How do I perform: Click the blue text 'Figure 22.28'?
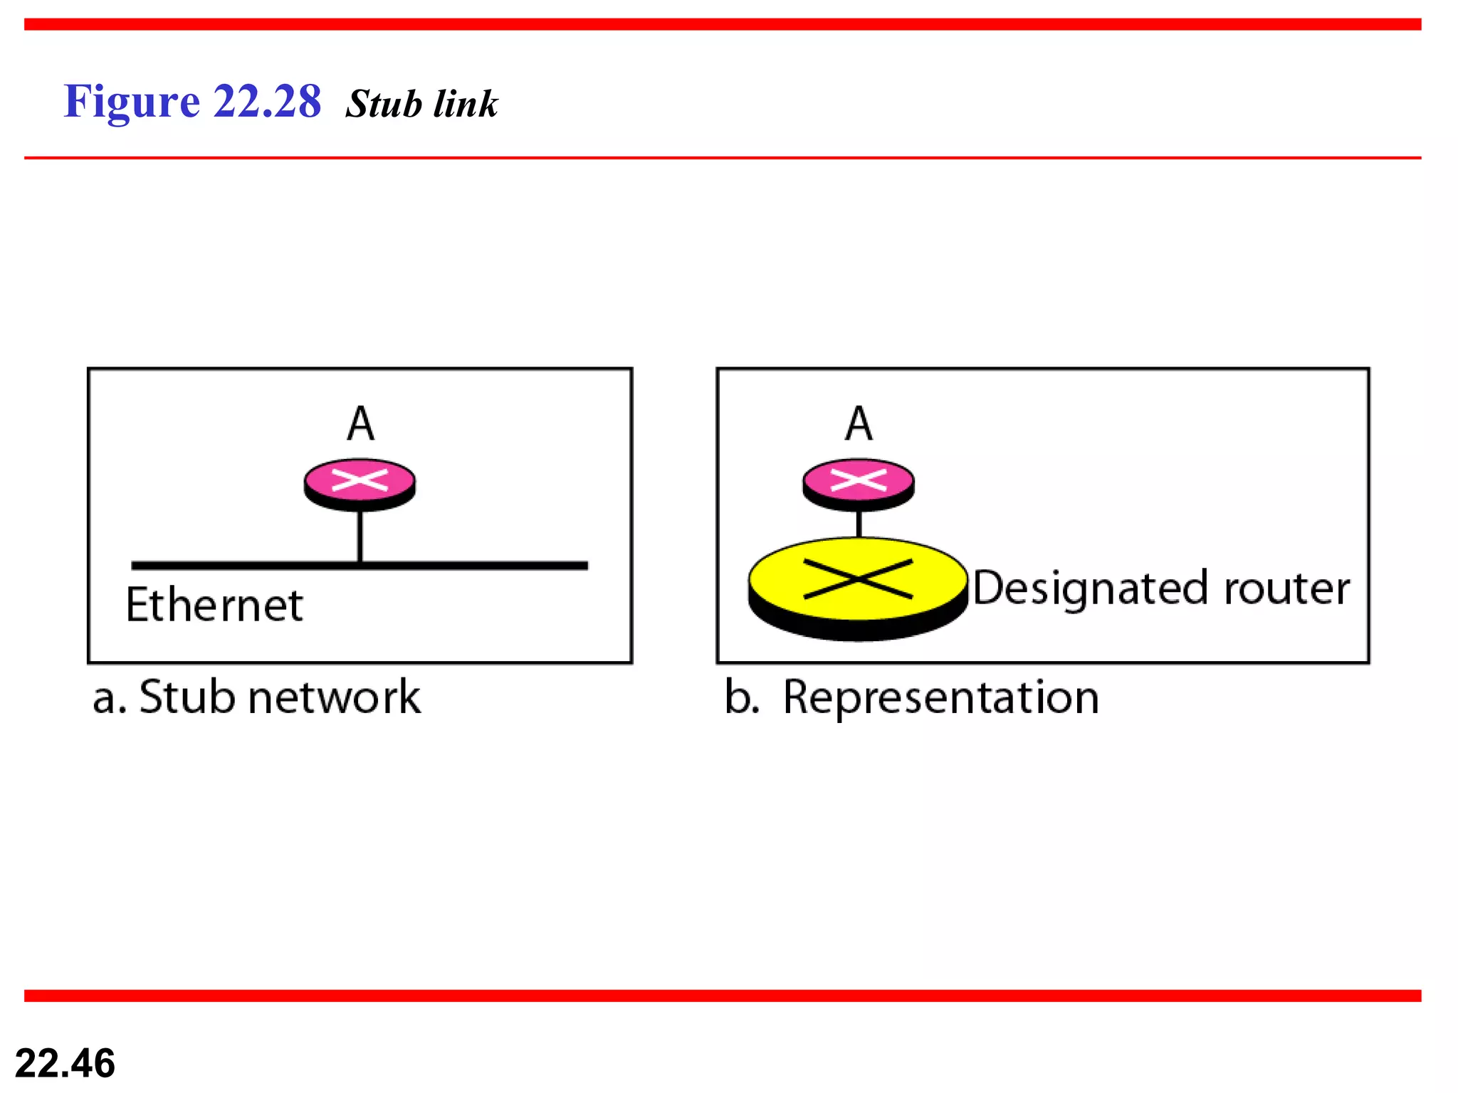192,101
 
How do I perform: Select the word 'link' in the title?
466,104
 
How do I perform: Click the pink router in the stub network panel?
360,482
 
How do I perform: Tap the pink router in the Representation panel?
859,482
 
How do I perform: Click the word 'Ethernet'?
214,605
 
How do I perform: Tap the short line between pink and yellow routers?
859,524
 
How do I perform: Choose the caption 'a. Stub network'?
256,697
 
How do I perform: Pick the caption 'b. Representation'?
912,697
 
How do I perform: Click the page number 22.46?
65,1063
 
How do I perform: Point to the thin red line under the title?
723,158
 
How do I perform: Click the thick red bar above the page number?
723,996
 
